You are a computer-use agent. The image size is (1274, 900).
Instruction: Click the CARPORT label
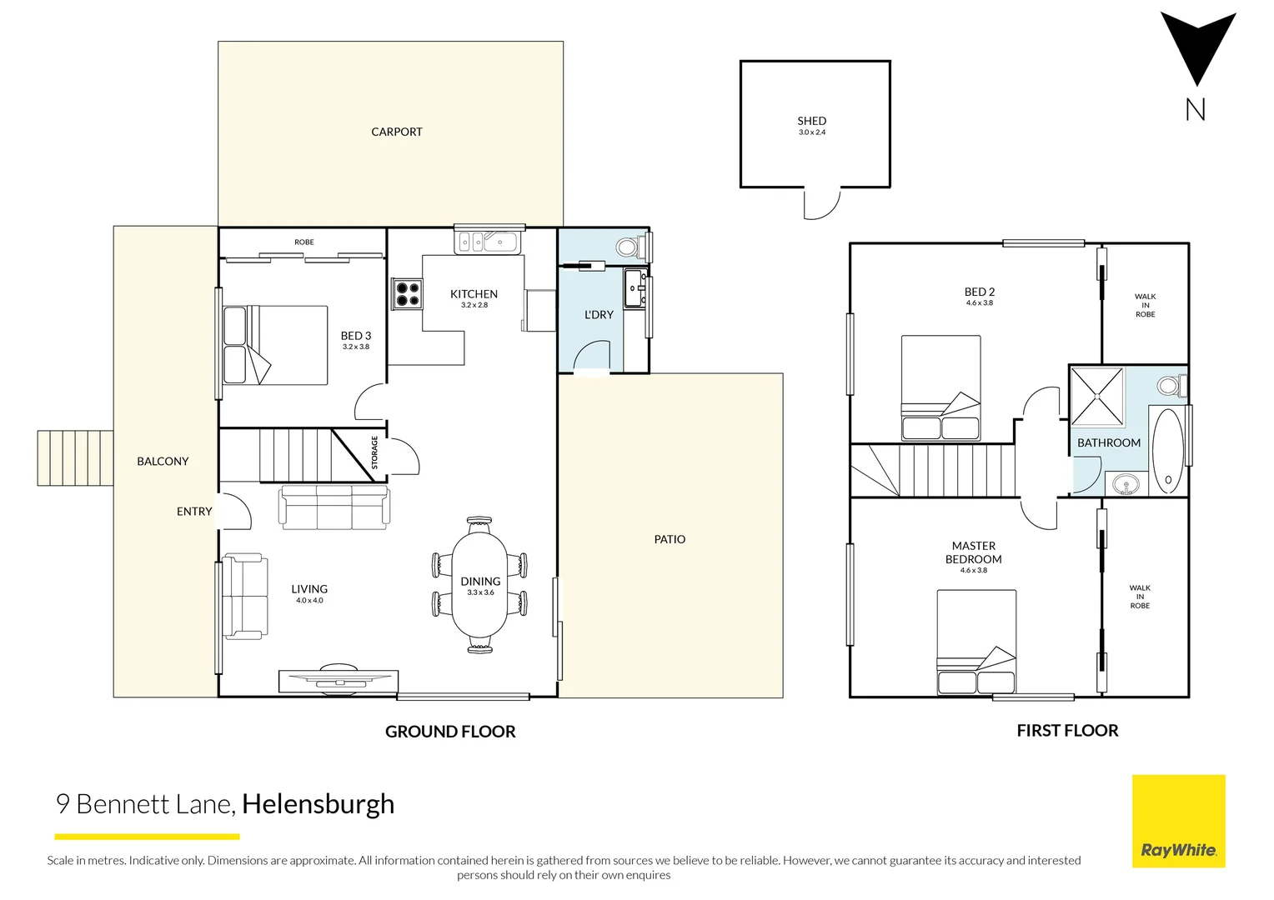[396, 132]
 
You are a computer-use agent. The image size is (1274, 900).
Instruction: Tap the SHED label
[811, 121]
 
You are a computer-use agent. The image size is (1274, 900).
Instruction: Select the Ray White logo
[1178, 822]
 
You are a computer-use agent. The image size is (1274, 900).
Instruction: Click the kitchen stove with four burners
[407, 294]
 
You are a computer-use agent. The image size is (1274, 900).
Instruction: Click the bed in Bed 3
[276, 345]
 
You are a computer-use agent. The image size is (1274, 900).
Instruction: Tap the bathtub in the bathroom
[1167, 451]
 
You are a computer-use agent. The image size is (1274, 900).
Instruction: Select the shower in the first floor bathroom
[1096, 395]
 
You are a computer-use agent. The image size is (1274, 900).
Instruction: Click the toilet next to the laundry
[629, 247]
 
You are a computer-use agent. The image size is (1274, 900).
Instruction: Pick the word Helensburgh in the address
[318, 804]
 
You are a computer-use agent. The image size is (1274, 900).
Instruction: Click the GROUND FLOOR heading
[450, 732]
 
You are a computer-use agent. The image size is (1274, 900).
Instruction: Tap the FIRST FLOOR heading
[1067, 731]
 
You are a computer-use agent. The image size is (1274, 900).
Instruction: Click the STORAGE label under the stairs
[374, 452]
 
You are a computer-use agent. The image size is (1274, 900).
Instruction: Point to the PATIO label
[670, 539]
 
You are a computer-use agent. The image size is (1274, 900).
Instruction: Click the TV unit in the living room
[338, 680]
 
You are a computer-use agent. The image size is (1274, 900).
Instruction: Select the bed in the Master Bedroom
[976, 642]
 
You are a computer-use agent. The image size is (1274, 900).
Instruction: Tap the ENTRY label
[194, 512]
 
